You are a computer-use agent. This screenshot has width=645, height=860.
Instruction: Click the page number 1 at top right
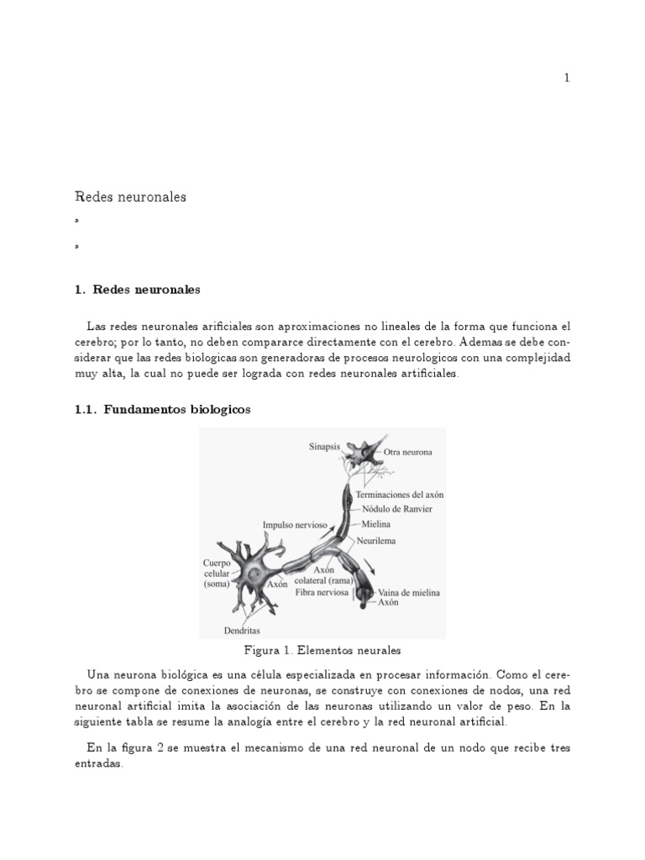click(x=567, y=78)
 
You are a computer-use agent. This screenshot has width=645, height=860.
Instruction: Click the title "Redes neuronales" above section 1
click(x=130, y=197)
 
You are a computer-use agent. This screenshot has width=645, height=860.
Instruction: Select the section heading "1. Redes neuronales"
click(x=138, y=290)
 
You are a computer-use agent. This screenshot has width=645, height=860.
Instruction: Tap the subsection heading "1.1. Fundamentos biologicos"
click(x=163, y=410)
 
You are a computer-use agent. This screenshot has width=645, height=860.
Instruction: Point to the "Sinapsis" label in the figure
click(x=325, y=448)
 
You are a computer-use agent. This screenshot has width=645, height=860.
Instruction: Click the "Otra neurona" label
click(x=408, y=452)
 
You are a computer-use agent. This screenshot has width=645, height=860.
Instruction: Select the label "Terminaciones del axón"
click(x=400, y=496)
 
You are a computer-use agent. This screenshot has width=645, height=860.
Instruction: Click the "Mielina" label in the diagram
click(x=377, y=523)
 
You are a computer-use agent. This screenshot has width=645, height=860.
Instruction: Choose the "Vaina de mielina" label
click(x=409, y=592)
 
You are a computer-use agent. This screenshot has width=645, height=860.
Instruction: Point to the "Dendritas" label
click(x=242, y=630)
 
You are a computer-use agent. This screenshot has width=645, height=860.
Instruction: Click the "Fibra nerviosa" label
click(x=322, y=592)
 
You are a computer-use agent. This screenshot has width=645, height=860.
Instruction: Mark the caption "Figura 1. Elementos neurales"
click(x=322, y=650)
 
